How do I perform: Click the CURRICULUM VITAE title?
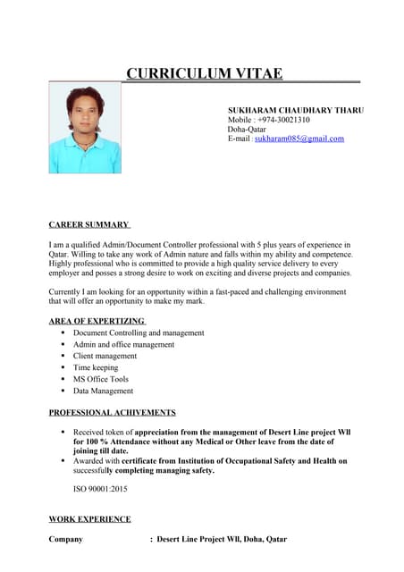[204, 73]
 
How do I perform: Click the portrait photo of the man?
[85, 129]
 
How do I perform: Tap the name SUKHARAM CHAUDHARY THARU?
[295, 109]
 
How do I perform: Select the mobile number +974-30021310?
[283, 120]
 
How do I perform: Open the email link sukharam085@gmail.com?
[299, 139]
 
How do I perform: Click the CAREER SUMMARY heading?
[89, 224]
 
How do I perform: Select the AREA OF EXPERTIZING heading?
[97, 321]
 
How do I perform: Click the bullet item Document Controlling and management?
[139, 332]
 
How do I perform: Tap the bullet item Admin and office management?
[123, 344]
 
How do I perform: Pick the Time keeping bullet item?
[96, 367]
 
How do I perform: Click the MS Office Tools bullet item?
[101, 379]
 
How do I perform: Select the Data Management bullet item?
[103, 391]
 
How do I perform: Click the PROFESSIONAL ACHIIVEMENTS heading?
[112, 413]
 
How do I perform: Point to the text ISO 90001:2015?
[100, 489]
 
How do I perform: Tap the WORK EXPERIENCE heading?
[89, 519]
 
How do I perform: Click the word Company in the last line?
[65, 540]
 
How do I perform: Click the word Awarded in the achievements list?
[88, 461]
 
